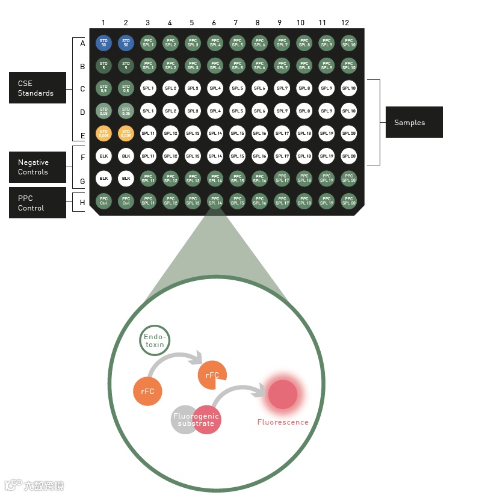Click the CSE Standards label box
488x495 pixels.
(x=37, y=88)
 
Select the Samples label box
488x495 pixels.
(x=414, y=122)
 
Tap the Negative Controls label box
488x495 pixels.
(x=37, y=167)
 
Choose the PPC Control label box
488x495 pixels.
(x=37, y=203)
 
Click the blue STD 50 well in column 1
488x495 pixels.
(x=103, y=43)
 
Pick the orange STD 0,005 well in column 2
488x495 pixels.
(x=126, y=133)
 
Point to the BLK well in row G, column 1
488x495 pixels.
(x=103, y=178)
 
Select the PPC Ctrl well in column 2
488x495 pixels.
(x=126, y=201)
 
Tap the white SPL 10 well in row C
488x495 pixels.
(x=348, y=88)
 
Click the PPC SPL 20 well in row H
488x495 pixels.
(x=348, y=201)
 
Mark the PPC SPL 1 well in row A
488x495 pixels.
(x=148, y=43)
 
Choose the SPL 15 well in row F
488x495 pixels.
(x=237, y=156)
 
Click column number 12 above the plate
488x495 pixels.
(x=345, y=23)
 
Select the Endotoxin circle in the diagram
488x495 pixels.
(x=155, y=341)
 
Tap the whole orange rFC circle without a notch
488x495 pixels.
(x=147, y=391)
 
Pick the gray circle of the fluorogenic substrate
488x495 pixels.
(x=184, y=419)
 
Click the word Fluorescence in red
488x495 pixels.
(x=283, y=422)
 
